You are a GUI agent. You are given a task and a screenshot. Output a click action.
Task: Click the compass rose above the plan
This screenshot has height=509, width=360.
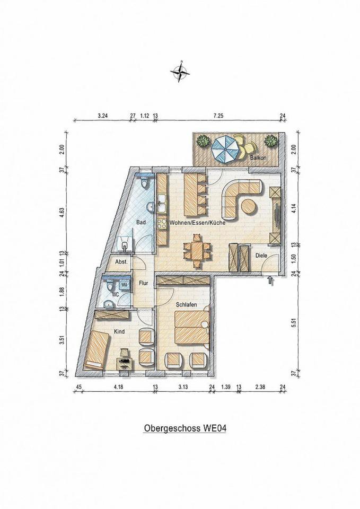coord(180,72)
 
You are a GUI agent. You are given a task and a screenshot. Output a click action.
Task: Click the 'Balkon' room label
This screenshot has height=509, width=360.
coord(258,158)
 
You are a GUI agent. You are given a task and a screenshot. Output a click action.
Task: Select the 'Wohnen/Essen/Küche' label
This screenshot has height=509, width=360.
coord(197,223)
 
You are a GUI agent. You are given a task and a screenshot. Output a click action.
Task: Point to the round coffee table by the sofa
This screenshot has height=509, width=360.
coord(249,207)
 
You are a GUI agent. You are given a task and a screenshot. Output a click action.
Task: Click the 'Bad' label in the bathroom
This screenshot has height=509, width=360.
coord(141,222)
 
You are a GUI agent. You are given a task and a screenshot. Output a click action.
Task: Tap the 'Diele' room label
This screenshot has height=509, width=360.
coord(261,256)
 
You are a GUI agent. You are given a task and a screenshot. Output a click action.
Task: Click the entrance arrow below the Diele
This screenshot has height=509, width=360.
coord(271,280)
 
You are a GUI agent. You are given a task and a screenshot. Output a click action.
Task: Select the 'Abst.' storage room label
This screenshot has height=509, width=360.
coord(121,262)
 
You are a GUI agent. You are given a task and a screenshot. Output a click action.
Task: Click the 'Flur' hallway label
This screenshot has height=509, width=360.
coord(144,283)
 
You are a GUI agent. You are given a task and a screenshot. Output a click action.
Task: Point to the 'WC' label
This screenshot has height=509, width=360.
coord(115,295)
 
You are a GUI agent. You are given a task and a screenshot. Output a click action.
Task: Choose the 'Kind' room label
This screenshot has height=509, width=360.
coord(119,331)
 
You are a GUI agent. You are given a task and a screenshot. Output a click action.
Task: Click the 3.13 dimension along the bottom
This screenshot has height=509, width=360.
coord(184,387)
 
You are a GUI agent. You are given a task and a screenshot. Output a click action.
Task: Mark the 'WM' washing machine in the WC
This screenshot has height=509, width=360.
coord(124,285)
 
